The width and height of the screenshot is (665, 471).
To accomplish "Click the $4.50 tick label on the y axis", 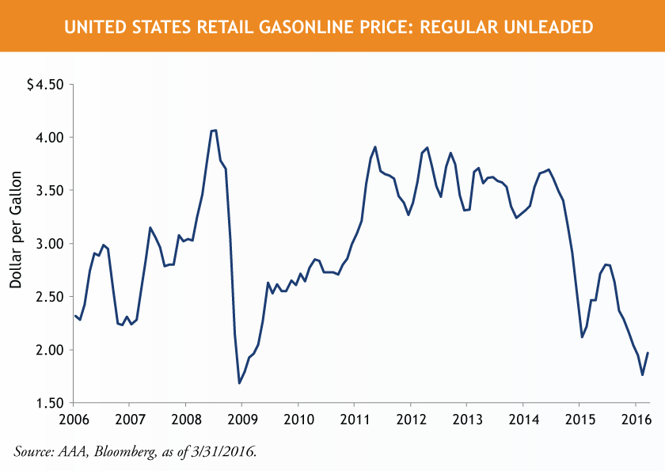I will [45, 84].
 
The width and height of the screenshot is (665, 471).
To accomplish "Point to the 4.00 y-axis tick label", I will [48, 137].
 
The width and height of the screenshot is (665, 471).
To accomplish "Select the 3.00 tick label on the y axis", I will [48, 243].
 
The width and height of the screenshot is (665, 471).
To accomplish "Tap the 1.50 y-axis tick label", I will [48, 403].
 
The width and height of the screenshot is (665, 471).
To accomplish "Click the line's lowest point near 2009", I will [239, 383].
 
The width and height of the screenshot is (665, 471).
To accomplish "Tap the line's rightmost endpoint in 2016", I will [648, 353].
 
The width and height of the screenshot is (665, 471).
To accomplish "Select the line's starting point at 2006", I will [74, 315].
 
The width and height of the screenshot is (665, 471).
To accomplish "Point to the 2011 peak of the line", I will [374, 146].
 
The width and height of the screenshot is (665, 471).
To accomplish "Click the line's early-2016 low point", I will [642, 374].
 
